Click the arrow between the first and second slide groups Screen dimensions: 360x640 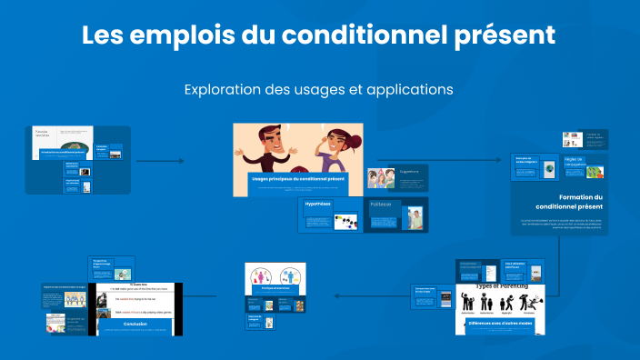point(160,161)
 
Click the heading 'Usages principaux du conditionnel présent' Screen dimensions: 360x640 point(299,179)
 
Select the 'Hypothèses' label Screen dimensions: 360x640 point(318,205)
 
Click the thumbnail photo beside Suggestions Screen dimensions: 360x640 point(381,178)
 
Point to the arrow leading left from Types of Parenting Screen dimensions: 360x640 point(351,295)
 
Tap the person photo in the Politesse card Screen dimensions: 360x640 point(415,219)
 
